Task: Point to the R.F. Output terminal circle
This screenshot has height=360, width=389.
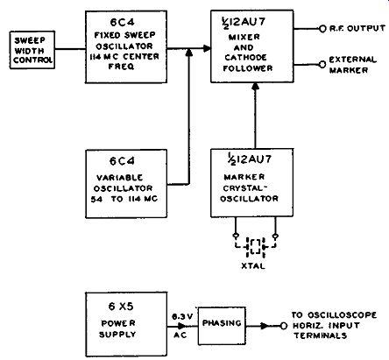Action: tap(322, 29)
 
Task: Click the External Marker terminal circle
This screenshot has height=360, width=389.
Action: tap(322, 65)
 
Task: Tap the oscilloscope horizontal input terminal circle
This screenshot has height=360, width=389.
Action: tap(284, 326)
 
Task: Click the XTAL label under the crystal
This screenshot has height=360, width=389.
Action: tap(253, 266)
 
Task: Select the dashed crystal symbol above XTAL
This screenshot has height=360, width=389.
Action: tap(256, 247)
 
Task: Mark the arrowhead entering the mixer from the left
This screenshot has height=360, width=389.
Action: tap(207, 48)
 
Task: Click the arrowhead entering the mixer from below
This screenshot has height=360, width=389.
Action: tap(256, 86)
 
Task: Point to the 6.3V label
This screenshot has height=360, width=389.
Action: tap(182, 316)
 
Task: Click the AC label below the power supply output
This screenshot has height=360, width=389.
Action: tap(180, 335)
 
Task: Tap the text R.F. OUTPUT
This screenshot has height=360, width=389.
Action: tap(357, 28)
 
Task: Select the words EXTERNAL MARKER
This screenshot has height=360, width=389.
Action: tap(353, 65)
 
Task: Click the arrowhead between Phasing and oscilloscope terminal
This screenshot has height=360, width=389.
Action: tap(265, 326)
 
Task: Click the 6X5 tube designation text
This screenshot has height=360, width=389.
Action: tap(121, 307)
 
